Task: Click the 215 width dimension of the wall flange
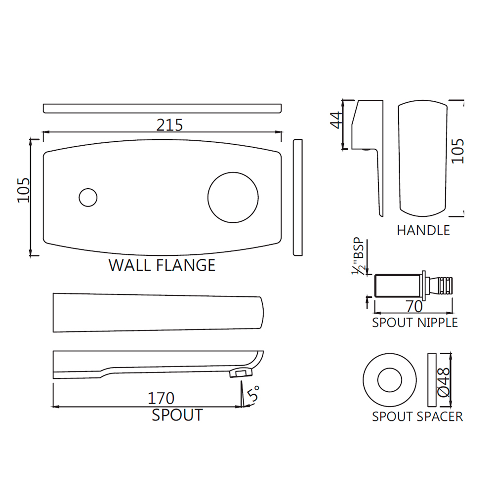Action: point(169,125)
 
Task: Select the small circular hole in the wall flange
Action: point(88,198)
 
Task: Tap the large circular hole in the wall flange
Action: point(233,197)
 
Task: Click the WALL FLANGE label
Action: point(162,265)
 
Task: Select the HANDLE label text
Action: point(423,230)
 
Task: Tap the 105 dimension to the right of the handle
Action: point(458,151)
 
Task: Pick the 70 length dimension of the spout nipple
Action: point(414,307)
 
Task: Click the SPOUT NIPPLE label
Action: point(415,323)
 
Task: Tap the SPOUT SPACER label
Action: point(417,416)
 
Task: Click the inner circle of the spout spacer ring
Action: point(390,380)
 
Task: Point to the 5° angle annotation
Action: point(254,395)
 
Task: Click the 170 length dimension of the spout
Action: point(161,398)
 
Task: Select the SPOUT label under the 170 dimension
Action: point(177,415)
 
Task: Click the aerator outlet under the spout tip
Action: point(239,373)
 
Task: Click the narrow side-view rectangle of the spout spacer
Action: point(431,380)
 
